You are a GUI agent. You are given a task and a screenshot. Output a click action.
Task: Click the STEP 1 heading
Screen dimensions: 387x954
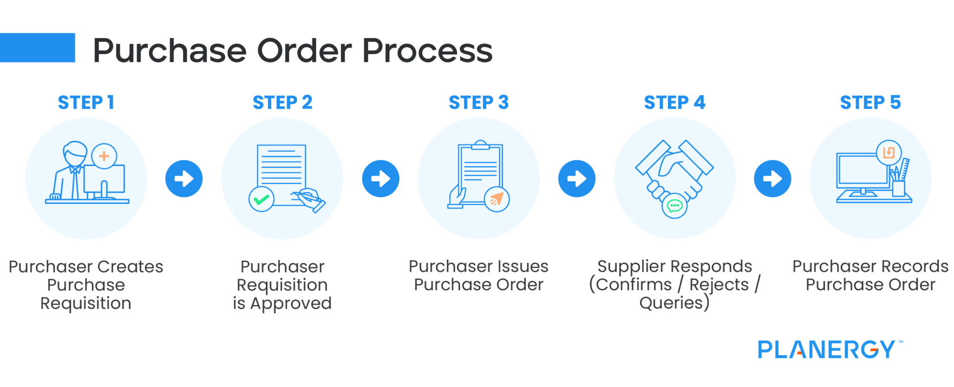click(86, 102)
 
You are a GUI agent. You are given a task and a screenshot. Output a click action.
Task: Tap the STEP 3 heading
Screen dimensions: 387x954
click(478, 102)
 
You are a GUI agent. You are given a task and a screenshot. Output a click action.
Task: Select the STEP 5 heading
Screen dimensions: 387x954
click(870, 102)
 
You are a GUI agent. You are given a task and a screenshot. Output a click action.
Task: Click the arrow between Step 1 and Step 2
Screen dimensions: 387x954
click(184, 179)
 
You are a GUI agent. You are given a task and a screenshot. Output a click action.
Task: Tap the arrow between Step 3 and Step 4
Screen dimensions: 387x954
click(577, 179)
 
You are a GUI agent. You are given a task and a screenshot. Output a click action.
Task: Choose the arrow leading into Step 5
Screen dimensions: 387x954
click(772, 179)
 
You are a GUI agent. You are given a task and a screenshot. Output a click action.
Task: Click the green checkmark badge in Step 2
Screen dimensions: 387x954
click(261, 199)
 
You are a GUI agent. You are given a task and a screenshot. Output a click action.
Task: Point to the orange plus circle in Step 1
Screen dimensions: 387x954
click(104, 156)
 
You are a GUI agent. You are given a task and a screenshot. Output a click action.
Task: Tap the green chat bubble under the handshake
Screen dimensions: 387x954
click(675, 205)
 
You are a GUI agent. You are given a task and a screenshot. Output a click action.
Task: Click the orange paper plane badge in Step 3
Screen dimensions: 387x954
click(497, 199)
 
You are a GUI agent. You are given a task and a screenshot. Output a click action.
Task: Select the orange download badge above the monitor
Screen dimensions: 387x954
click(889, 153)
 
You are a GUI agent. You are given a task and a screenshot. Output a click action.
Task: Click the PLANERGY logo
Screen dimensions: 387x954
click(827, 349)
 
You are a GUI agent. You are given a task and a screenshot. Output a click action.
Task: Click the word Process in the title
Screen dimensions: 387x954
click(427, 51)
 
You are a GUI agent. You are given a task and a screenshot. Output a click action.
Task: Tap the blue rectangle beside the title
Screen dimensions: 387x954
click(37, 47)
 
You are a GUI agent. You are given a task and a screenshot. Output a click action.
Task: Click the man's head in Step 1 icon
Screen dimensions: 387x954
click(75, 153)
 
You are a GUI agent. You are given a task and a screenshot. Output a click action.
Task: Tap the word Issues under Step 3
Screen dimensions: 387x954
click(524, 267)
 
